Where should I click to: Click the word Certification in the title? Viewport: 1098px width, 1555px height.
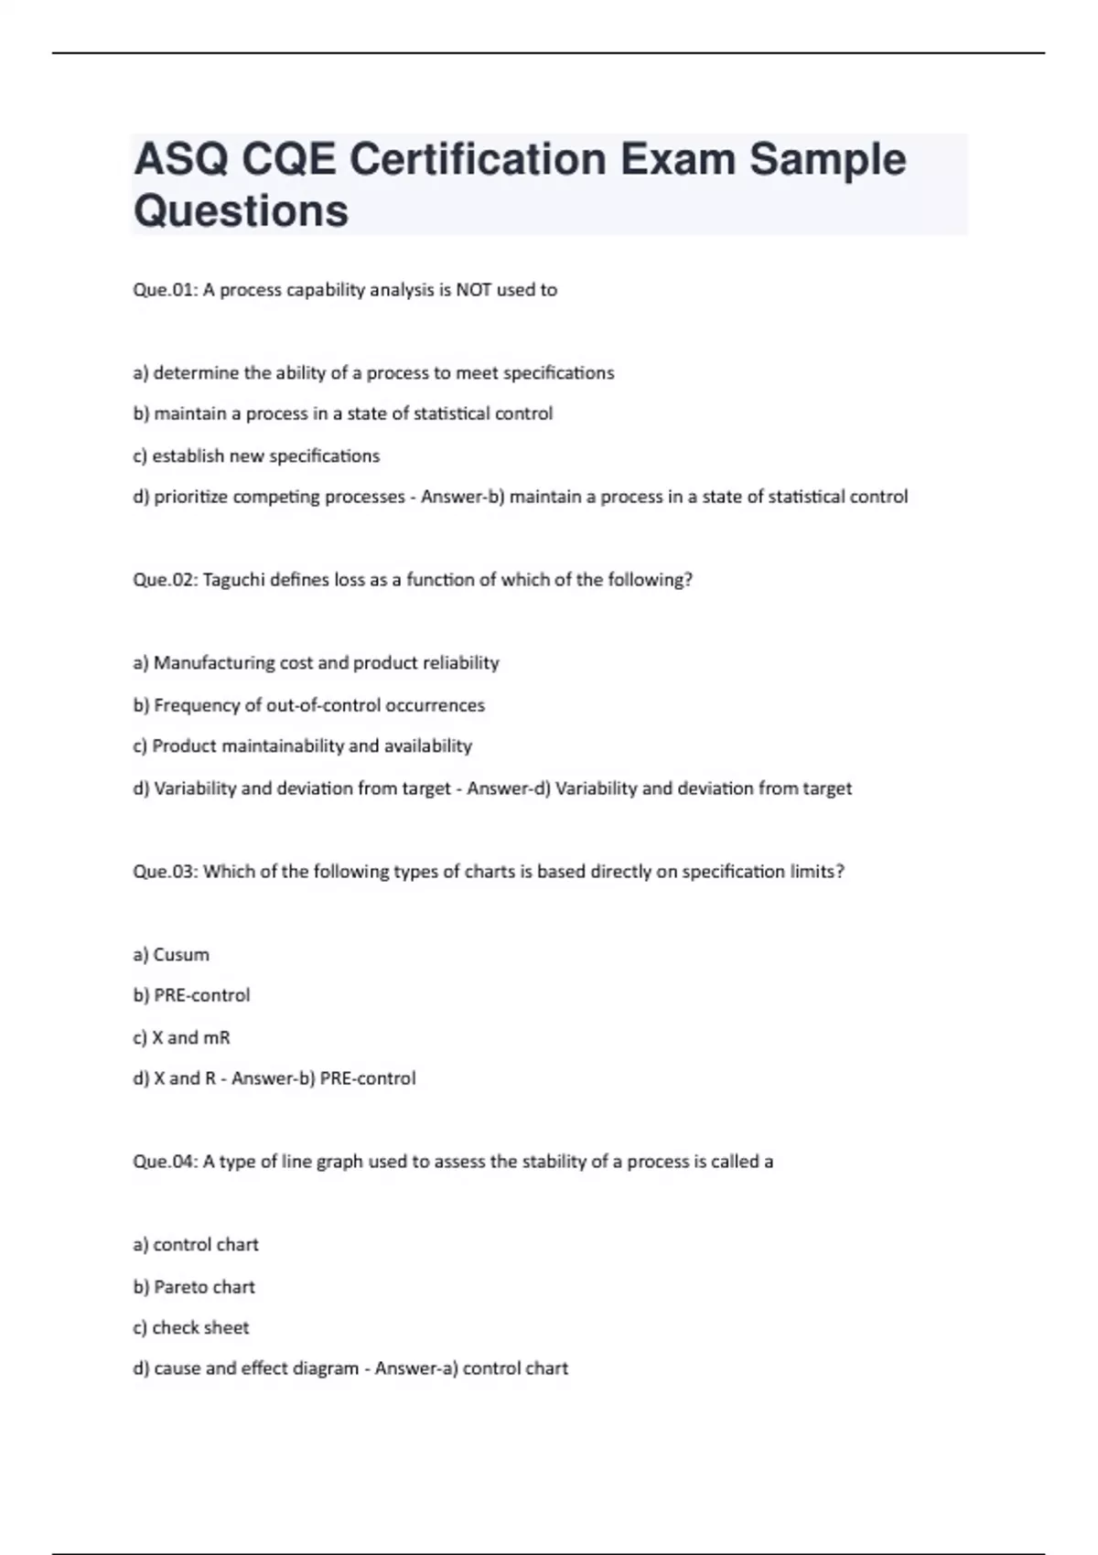pyautogui.click(x=478, y=160)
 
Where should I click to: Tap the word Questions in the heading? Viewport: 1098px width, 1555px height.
pyautogui.click(x=241, y=211)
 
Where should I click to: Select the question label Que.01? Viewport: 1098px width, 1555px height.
pyautogui.click(x=165, y=290)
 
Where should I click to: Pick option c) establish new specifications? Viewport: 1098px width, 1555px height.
pyautogui.click(x=256, y=456)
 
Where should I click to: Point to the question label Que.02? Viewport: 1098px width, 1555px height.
pyautogui.click(x=165, y=580)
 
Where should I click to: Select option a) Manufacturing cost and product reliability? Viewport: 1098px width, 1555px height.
pyautogui.click(x=316, y=663)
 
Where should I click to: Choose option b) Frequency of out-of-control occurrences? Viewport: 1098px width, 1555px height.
pyautogui.click(x=308, y=705)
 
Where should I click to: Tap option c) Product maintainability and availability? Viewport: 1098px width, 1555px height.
pyautogui.click(x=302, y=746)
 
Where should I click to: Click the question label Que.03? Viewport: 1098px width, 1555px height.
pyautogui.click(x=165, y=872)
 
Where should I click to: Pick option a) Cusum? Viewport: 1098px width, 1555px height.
pyautogui.click(x=171, y=955)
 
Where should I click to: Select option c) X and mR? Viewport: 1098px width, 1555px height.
pyautogui.click(x=181, y=1037)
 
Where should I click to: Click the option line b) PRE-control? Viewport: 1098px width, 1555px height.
pyautogui.click(x=191, y=995)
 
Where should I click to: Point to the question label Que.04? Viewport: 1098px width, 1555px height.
pyautogui.click(x=165, y=1162)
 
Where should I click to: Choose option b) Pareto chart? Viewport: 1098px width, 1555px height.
pyautogui.click(x=194, y=1287)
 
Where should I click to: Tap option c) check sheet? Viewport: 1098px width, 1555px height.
pyautogui.click(x=190, y=1328)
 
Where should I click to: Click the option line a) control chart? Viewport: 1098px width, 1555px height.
pyautogui.click(x=196, y=1245)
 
